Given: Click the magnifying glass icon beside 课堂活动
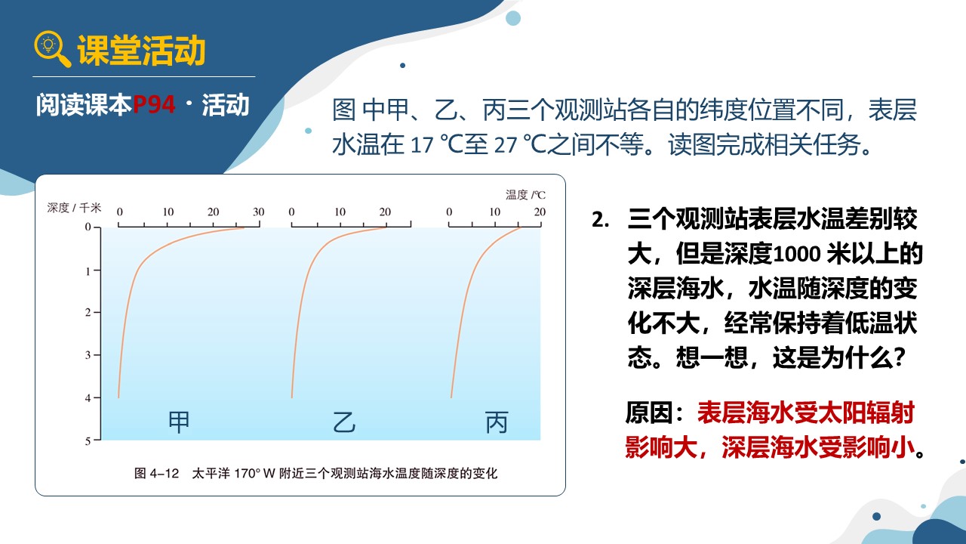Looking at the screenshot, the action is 53,49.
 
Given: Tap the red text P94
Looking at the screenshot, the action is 154,105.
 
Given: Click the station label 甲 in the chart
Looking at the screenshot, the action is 179,422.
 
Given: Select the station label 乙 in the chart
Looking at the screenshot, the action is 344,422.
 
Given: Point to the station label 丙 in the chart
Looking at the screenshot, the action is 497,422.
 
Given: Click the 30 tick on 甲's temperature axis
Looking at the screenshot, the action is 258,212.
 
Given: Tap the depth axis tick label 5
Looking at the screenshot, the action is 88,441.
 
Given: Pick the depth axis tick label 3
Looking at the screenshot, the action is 88,355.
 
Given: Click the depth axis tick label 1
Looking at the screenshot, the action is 88,271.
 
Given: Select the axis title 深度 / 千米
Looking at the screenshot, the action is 74,208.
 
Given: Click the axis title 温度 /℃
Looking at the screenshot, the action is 525,195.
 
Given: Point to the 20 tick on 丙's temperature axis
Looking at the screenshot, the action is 540,212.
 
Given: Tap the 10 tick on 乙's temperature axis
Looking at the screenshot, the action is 340,212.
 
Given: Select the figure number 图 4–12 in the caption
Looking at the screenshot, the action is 156,473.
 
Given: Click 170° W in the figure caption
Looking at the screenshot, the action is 254,473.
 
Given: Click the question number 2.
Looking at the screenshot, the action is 600,220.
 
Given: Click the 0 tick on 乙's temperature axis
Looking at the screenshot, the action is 291,212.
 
